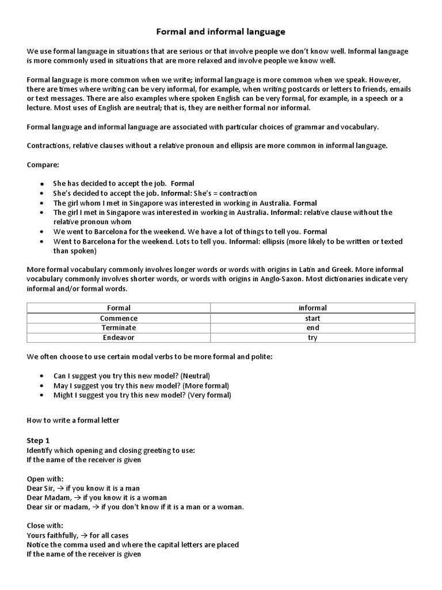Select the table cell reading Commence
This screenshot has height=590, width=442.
119,318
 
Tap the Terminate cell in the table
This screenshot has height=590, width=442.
119,328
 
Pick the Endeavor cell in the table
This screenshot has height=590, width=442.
119,338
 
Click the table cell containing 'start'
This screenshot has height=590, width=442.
313,318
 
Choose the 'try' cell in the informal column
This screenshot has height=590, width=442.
313,338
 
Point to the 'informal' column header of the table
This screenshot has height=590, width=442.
313,308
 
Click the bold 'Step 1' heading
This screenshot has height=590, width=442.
39,440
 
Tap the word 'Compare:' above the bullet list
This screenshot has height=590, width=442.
43,165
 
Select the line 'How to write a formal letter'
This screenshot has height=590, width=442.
73,420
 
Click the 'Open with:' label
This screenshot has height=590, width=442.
45,478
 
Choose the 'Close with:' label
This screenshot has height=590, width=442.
45,525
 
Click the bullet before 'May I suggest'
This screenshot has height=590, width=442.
42,385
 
